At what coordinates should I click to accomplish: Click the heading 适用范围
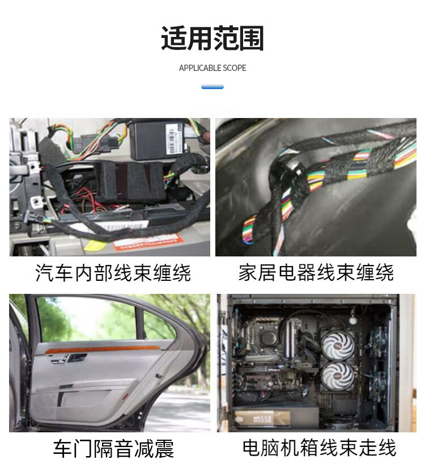coord(212,38)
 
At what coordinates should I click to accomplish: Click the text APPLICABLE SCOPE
coord(212,68)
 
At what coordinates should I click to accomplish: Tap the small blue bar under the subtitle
coord(212,87)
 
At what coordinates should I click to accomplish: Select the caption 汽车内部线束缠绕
coord(113,273)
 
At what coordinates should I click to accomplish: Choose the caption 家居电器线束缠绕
coord(316,273)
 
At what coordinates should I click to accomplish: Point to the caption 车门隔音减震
coord(113,448)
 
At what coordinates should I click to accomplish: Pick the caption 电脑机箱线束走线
coord(319,448)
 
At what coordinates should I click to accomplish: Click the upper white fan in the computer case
coord(337,346)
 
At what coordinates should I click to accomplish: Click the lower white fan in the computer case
coord(337,377)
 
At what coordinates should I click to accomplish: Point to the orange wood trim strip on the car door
coord(103,349)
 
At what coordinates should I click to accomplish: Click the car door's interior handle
coord(76,358)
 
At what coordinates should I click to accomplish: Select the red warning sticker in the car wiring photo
coord(148,243)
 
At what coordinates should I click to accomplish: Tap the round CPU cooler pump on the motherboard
coord(268,338)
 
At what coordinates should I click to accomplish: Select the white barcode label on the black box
coord(175,139)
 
